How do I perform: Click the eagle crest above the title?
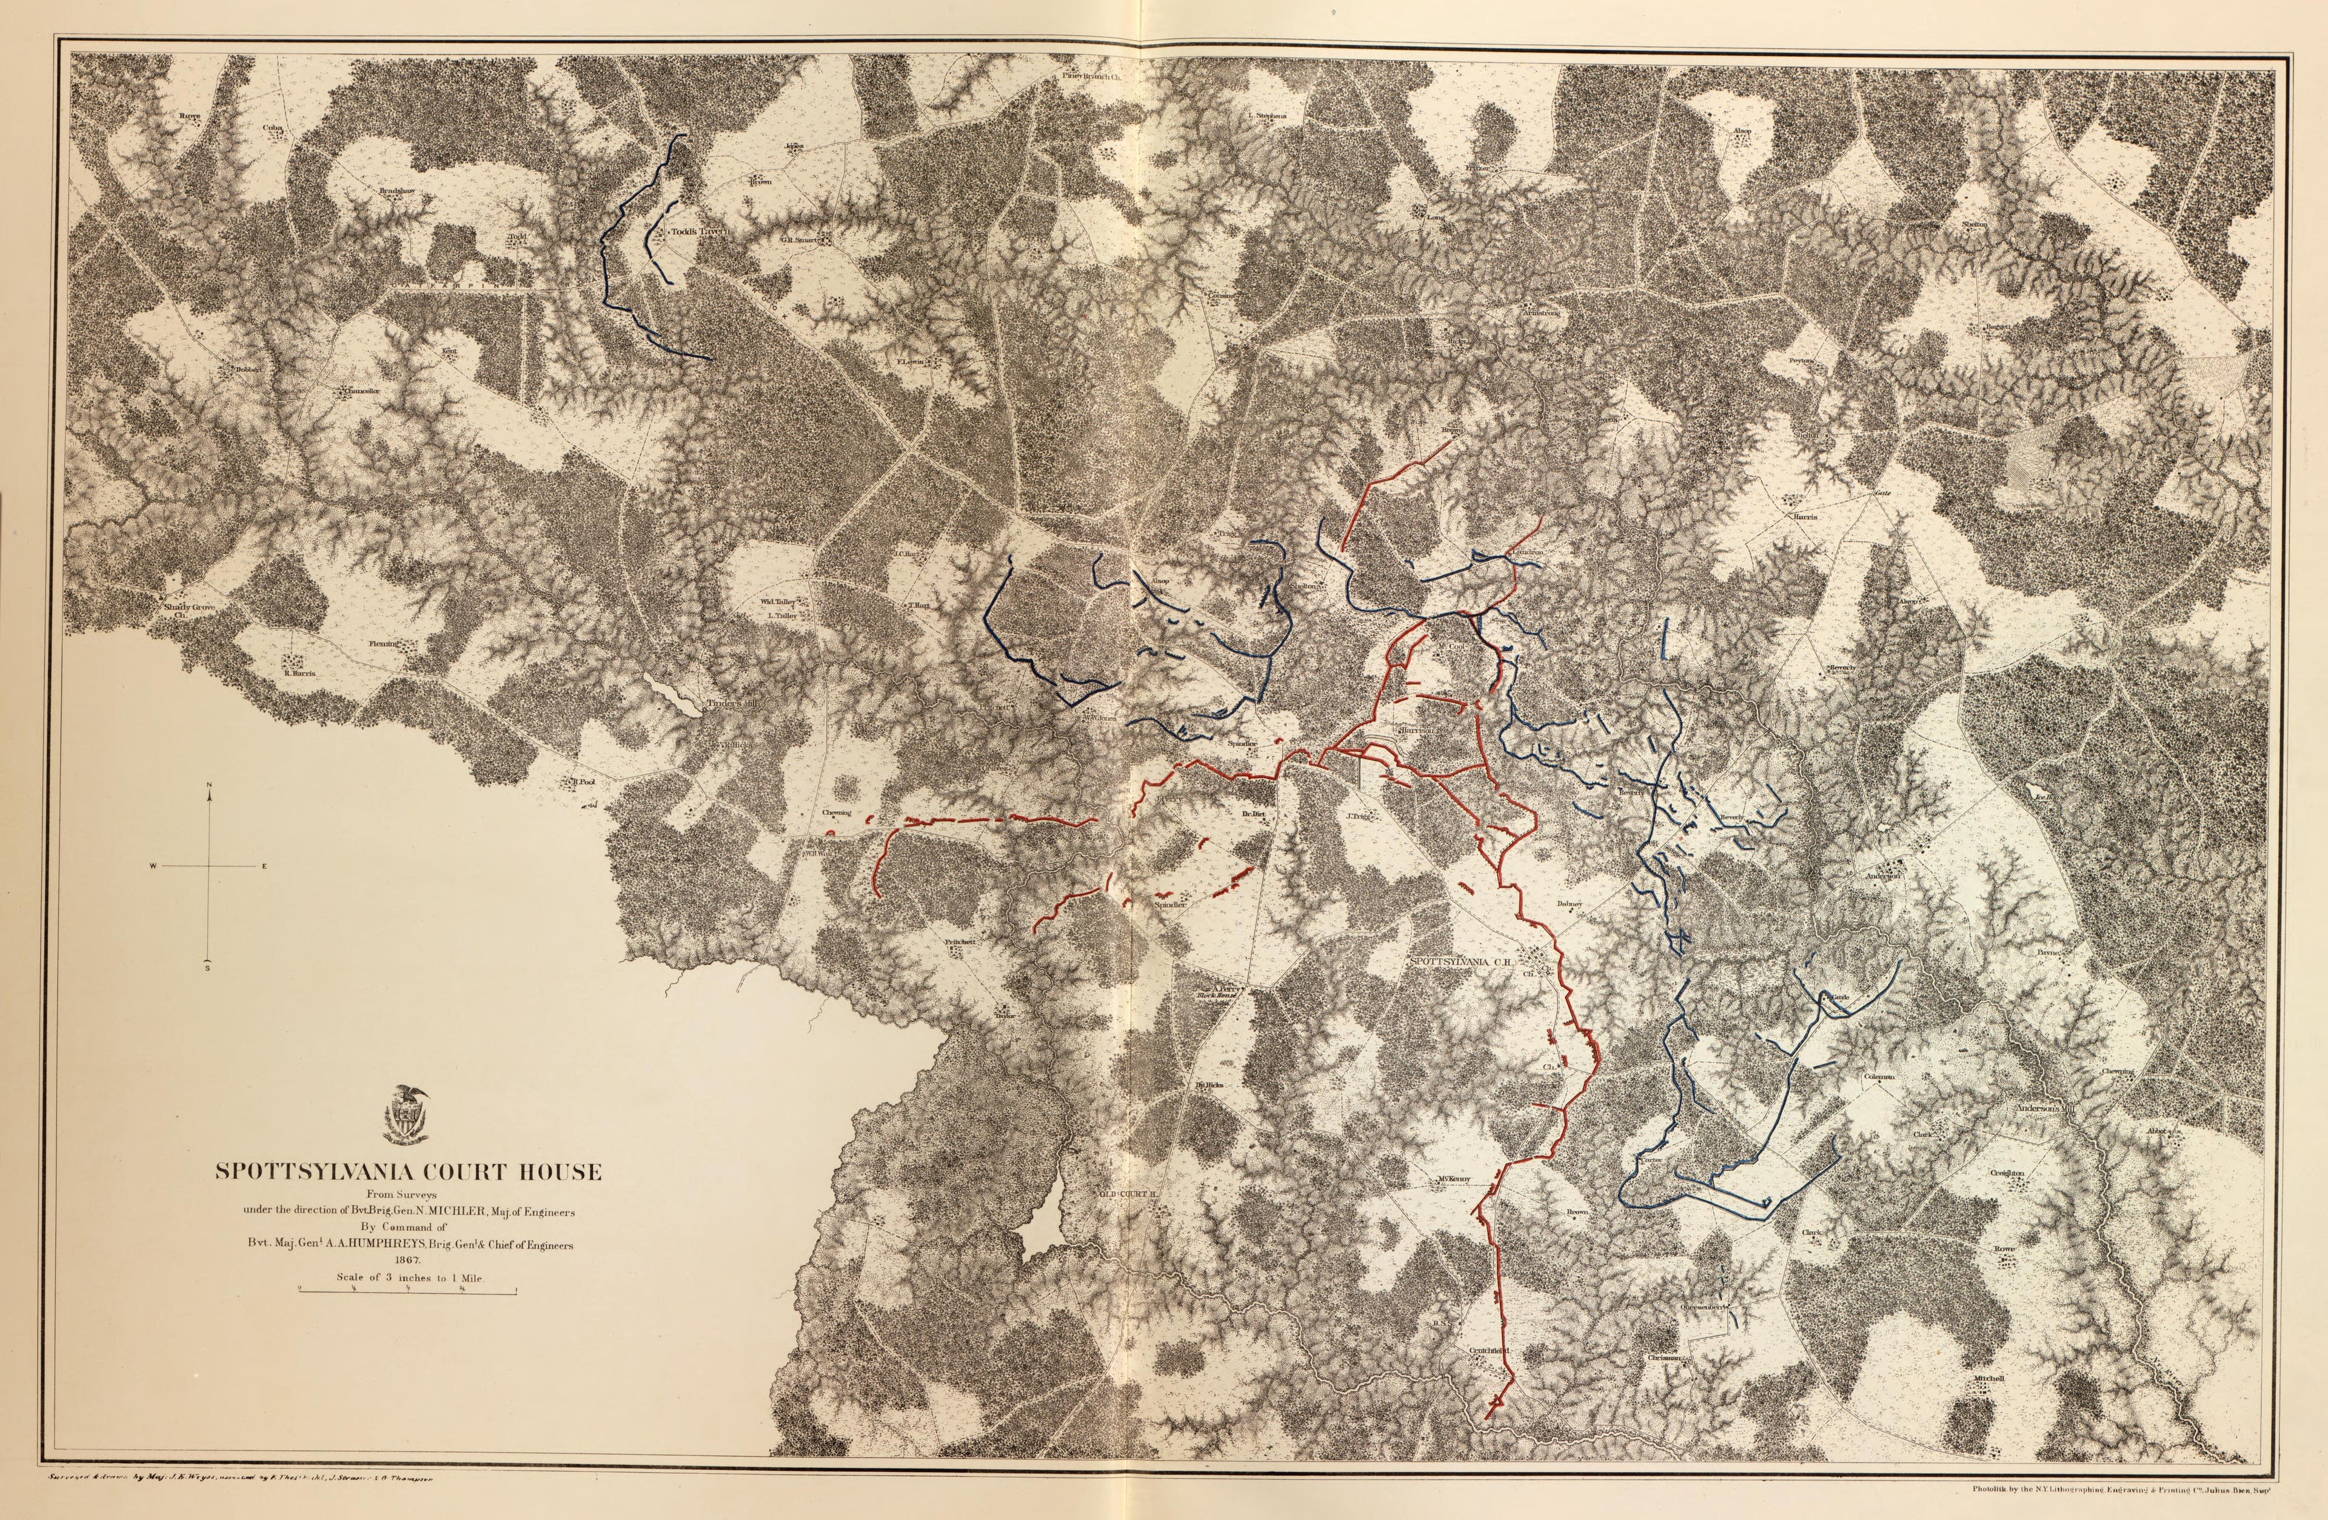point(409,1114)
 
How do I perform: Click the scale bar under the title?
point(408,1292)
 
